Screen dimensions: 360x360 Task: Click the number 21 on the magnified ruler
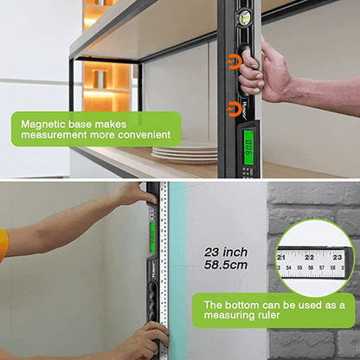[x=282, y=257]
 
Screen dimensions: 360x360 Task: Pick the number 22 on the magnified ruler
[x=310, y=257]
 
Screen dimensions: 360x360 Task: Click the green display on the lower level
[x=151, y=233]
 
